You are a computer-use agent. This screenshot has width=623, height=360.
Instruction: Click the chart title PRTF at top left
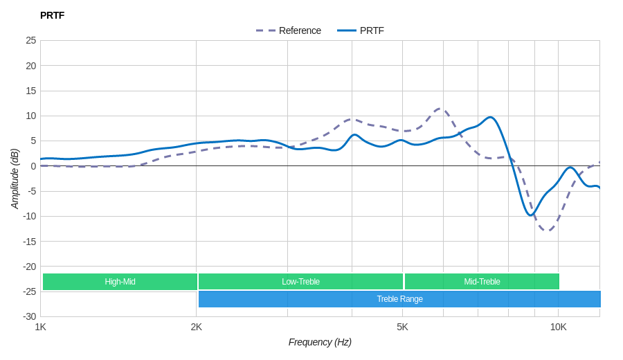(x=52, y=15)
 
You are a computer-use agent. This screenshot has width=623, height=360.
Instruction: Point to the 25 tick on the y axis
(x=31, y=40)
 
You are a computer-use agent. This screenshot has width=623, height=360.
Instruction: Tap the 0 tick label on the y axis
(x=33, y=166)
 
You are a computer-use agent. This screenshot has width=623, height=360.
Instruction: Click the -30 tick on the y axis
(x=29, y=316)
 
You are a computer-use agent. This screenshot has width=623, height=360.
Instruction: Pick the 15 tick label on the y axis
(x=31, y=91)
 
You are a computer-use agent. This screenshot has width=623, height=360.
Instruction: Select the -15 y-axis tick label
(x=29, y=241)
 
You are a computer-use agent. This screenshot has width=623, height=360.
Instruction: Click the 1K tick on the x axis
(x=41, y=327)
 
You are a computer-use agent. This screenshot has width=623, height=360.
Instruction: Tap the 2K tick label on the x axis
(x=197, y=327)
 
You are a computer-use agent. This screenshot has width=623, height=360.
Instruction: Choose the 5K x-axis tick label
(x=402, y=327)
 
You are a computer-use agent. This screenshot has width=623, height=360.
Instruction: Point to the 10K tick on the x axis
(x=558, y=327)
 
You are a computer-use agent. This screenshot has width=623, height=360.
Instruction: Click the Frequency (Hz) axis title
(x=320, y=342)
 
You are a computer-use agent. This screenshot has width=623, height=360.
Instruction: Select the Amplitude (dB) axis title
(x=15, y=179)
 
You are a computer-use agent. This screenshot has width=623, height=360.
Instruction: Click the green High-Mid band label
(x=120, y=282)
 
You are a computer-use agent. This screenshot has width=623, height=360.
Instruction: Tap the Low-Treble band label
(x=300, y=282)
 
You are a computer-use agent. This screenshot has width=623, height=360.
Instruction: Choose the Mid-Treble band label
(x=482, y=282)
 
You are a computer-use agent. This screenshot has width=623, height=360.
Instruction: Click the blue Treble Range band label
(x=399, y=299)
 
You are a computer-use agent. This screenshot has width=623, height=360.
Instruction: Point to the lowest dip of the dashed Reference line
(x=547, y=231)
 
